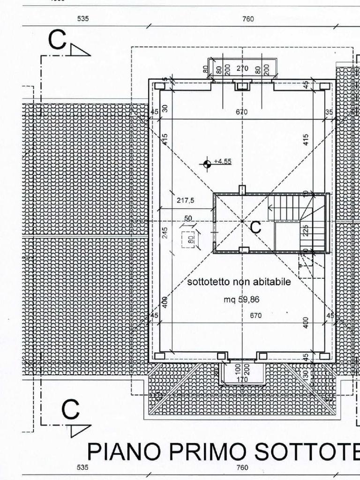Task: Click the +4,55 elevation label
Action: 222,161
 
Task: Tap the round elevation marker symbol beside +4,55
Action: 206,164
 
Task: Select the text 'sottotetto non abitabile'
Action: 239,282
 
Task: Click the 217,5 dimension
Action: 186,200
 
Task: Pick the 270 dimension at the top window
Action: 242,68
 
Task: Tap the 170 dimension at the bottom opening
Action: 242,379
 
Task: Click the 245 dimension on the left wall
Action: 165,232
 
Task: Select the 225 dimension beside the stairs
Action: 306,231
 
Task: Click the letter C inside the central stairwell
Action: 255,227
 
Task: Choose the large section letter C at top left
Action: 57,40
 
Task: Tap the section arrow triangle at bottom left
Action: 80,430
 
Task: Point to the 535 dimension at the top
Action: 83,19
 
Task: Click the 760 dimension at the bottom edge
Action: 242,467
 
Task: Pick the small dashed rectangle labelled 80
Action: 190,239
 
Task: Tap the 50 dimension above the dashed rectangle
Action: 188,218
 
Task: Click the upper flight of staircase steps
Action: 286,207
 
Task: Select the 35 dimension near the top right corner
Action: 329,112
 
